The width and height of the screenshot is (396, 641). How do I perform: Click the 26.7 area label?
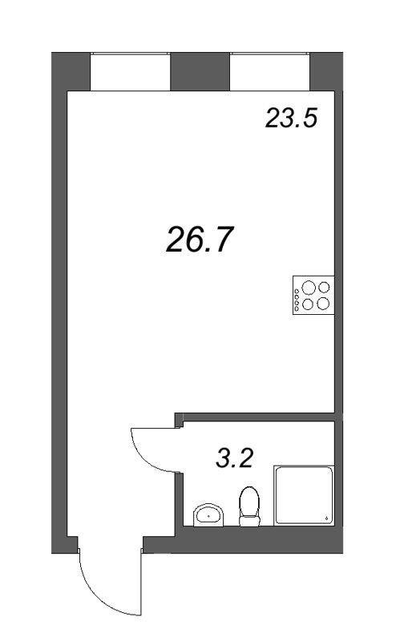tap(200, 240)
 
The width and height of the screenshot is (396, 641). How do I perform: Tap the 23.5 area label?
tap(291, 118)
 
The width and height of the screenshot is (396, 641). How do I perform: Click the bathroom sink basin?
tap(208, 514)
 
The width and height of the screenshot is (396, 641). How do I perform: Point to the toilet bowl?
tap(249, 502)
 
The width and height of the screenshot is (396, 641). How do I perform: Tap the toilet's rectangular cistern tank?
tap(249, 521)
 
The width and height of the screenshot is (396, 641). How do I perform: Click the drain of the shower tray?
tap(326, 518)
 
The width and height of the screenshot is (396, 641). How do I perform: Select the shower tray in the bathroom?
tap(304, 495)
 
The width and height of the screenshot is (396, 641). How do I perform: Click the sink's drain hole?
tap(208, 516)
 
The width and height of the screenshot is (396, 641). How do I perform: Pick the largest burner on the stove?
tap(309, 288)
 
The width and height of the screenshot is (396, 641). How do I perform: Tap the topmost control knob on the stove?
tap(296, 291)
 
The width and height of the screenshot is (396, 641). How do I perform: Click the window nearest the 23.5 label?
tap(269, 72)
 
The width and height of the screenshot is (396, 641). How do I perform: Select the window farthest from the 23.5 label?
tap(130, 72)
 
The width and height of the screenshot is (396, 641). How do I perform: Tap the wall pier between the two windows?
tap(200, 71)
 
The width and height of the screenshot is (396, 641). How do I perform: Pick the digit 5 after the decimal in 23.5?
tap(309, 118)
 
